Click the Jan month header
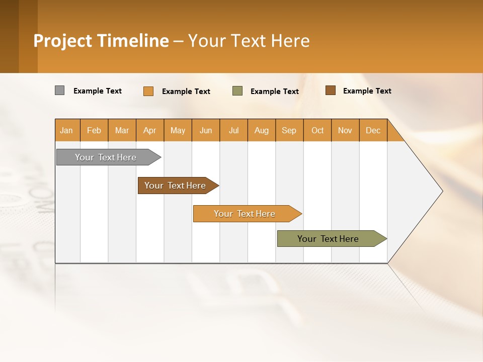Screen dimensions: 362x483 (67, 130)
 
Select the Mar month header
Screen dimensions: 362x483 (122, 130)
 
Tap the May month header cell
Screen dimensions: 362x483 (178, 130)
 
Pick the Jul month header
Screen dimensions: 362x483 (233, 130)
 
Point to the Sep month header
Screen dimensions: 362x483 (289, 130)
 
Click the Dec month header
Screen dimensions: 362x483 (373, 130)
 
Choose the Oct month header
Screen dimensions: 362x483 (317, 130)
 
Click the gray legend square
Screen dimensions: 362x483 (59, 90)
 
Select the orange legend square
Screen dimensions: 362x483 (148, 91)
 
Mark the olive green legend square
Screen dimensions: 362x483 (237, 91)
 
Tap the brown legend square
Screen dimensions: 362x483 (330, 90)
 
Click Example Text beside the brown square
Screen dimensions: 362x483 (367, 91)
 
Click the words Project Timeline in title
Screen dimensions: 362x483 (101, 41)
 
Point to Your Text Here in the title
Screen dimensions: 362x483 (249, 41)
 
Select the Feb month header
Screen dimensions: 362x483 (94, 130)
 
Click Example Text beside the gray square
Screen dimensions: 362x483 (98, 91)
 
